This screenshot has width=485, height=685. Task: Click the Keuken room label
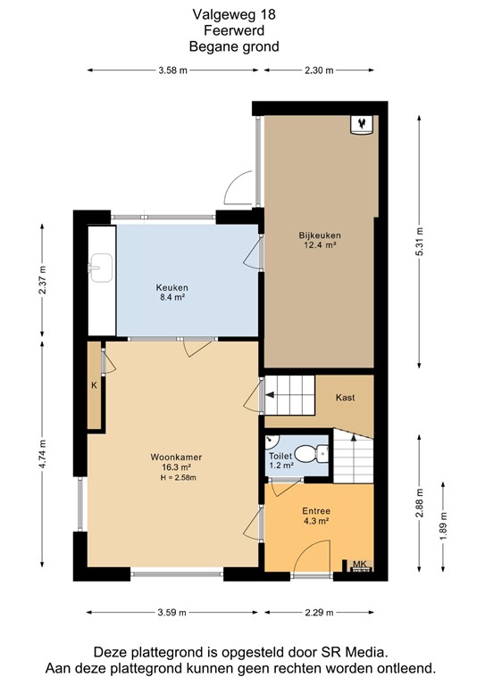coord(171,287)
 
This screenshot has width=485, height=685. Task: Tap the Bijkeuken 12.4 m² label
coord(320,240)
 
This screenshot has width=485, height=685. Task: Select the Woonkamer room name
coord(176,458)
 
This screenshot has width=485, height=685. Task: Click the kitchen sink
coord(101,268)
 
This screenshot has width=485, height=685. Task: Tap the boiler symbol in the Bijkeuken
coord(362,125)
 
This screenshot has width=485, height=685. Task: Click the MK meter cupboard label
coord(359,564)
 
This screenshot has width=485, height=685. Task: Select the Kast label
coord(345,398)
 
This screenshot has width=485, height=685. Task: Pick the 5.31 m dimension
coord(420,242)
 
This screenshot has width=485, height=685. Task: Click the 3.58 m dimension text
coord(172,70)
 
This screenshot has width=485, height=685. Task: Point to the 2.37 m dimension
coord(42,279)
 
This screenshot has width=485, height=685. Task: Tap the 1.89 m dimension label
coord(443,525)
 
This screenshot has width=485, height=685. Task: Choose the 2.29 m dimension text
coord(319,613)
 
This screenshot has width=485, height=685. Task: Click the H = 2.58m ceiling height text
coord(179,477)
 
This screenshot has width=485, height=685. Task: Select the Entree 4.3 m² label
coord(316,516)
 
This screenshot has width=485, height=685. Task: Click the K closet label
coord(94,385)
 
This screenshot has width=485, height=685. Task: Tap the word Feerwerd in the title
coord(234,30)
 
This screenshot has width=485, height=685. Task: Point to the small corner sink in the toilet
coord(271,441)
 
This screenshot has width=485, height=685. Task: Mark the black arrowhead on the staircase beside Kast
coord(270,395)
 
